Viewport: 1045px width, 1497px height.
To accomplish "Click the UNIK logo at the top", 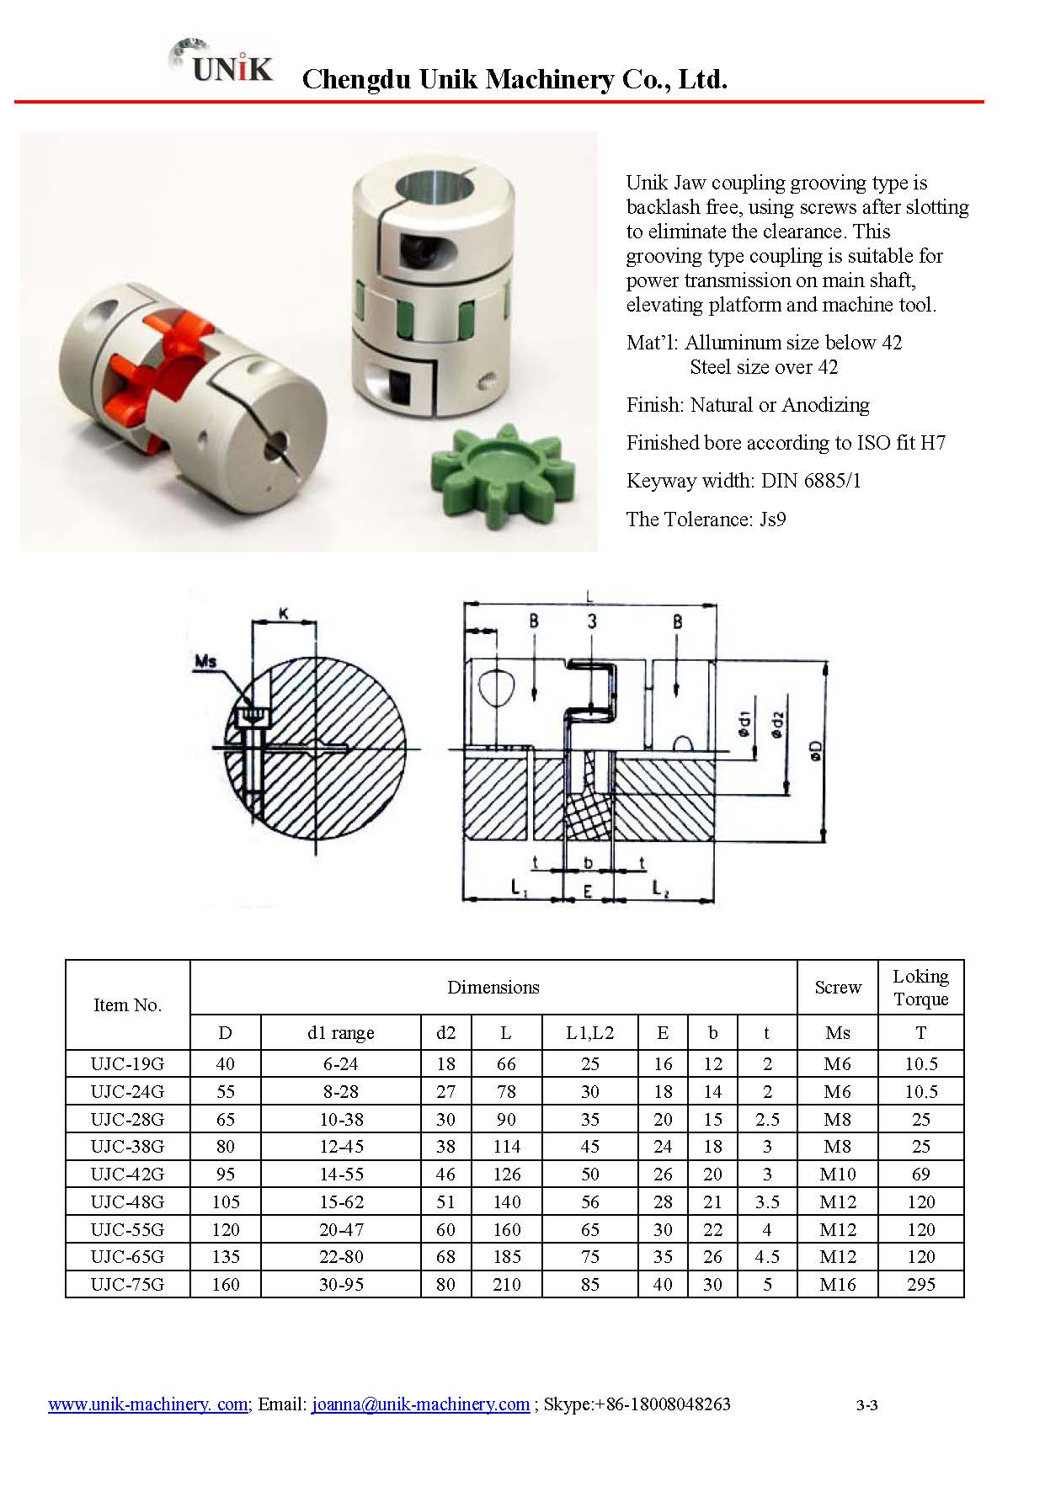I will click(223, 62).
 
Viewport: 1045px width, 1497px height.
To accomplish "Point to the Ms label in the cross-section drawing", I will click(205, 661).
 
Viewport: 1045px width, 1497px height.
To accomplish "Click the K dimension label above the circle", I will click(284, 614).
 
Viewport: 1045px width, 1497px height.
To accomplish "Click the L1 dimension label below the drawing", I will click(519, 887).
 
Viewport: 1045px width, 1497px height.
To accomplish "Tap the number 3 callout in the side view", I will click(592, 621).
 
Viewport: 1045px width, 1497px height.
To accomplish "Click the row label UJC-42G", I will click(127, 1174).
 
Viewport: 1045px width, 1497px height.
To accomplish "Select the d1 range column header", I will click(340, 1032).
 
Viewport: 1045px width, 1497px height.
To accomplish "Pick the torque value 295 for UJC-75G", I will click(920, 1284).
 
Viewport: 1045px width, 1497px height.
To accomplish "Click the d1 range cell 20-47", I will click(340, 1229).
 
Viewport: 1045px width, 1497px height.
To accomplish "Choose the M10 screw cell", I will click(837, 1174).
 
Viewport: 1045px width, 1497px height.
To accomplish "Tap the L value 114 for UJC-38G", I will click(506, 1146).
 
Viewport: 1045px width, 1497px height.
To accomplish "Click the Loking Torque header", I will click(920, 988).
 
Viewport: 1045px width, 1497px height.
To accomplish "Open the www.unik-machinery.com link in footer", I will click(148, 1404).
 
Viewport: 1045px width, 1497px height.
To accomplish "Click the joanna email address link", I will click(420, 1404).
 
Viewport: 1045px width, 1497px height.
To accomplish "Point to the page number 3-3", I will click(866, 1404).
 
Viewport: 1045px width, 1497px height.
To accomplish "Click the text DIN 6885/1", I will click(811, 481).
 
